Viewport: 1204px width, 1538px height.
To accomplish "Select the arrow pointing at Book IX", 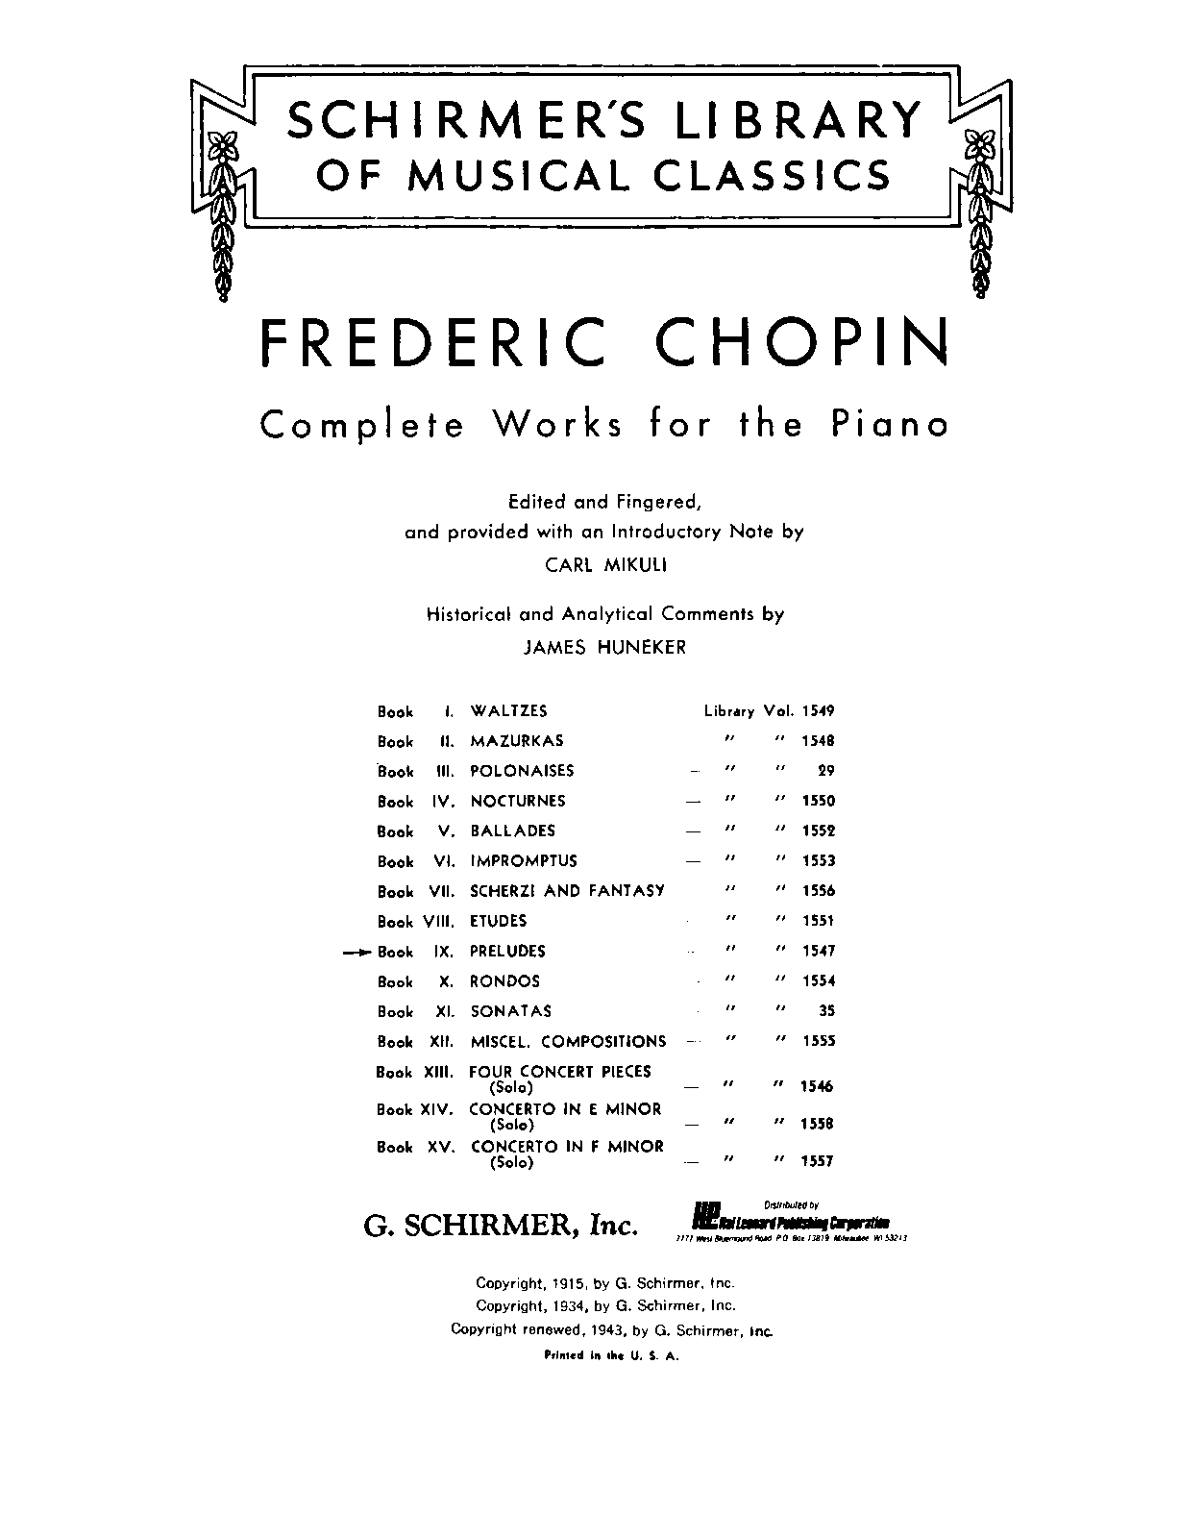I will coord(357,952).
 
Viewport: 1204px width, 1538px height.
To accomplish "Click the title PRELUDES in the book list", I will coord(507,951).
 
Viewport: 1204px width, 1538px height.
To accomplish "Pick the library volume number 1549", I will coord(818,711).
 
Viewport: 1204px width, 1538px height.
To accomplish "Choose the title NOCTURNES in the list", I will coord(517,801).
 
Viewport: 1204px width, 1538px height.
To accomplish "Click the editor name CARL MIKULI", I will coord(605,565).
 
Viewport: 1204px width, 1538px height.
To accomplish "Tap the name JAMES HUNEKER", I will coord(604,647).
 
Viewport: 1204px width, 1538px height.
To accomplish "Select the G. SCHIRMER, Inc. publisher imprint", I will coord(500,1225).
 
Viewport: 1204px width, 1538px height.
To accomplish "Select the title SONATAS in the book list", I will coord(510,1011).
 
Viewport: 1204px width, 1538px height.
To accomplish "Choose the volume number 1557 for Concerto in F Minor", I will coord(818,1161).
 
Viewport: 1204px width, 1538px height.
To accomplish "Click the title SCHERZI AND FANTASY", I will coord(567,891).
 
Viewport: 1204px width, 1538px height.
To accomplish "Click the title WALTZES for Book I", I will coord(508,711).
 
